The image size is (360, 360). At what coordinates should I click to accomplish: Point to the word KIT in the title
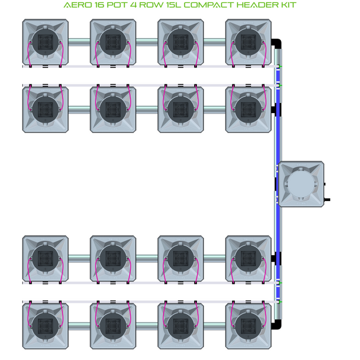click(287, 6)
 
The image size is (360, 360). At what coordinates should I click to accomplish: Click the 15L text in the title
click(166, 6)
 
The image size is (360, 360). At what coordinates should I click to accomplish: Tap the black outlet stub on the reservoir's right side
click(327, 201)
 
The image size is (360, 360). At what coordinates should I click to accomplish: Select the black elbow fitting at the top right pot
click(278, 43)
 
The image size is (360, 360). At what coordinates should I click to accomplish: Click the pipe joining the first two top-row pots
click(79, 42)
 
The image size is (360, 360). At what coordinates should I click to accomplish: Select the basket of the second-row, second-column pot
click(113, 109)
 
